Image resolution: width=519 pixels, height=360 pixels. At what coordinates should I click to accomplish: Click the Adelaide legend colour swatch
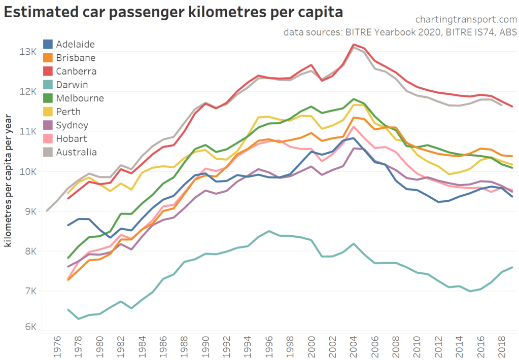coord(49,44)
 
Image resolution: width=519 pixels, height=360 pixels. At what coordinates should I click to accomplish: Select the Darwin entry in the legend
coord(72,85)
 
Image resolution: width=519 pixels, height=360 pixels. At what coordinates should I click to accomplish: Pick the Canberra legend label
coord(76,71)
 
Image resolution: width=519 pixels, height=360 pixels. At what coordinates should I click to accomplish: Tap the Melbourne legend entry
coord(80,98)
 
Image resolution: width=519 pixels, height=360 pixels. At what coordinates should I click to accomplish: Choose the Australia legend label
coord(76,152)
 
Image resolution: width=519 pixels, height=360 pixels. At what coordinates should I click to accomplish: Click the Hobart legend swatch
coord(49,138)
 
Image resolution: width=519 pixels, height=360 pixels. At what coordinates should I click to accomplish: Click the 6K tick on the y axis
coord(28,327)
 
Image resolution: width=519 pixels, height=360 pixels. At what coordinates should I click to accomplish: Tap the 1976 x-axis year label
coord(57,345)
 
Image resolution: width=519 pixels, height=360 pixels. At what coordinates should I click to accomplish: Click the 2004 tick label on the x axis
coord(354,345)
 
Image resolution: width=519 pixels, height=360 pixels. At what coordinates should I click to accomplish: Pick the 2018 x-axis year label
coord(502,345)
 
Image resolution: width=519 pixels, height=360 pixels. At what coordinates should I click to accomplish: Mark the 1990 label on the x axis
coord(205,345)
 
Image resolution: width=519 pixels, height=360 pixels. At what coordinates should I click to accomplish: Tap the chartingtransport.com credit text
coord(466,20)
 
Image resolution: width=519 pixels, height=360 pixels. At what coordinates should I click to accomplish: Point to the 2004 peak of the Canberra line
coord(354,45)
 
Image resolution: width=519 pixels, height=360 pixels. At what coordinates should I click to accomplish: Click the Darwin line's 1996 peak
coord(269,231)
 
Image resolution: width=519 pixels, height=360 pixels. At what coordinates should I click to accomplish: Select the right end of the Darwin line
coord(512,267)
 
